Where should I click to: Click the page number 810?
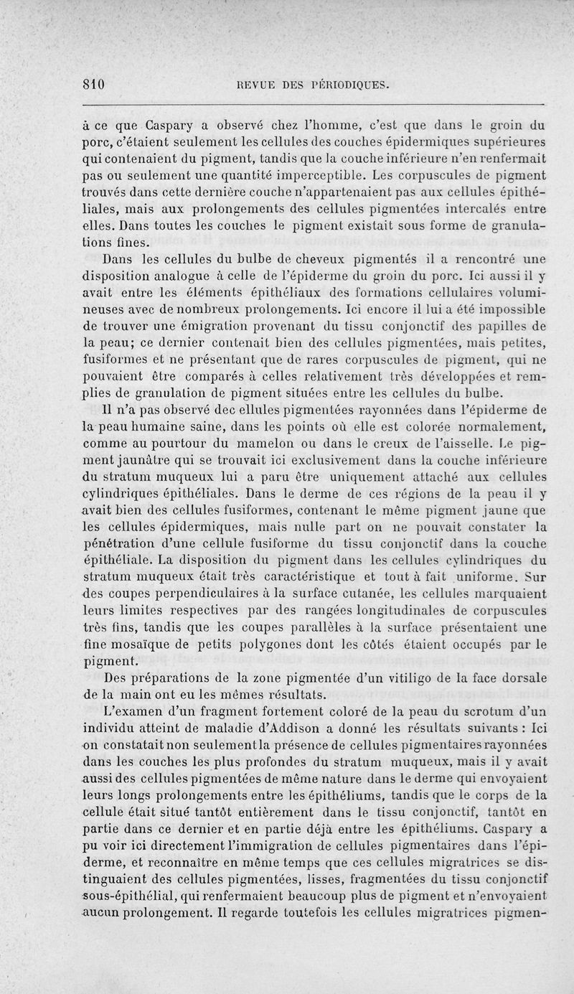coord(94,84)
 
